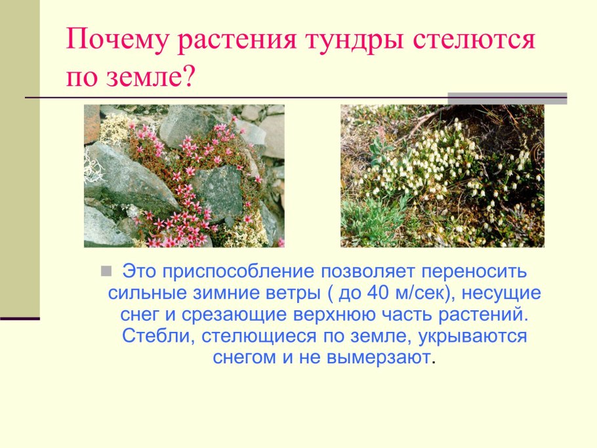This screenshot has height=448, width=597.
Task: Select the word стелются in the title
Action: point(474,43)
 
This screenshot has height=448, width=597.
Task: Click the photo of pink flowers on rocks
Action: point(184,176)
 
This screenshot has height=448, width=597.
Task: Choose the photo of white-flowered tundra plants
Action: point(442,176)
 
